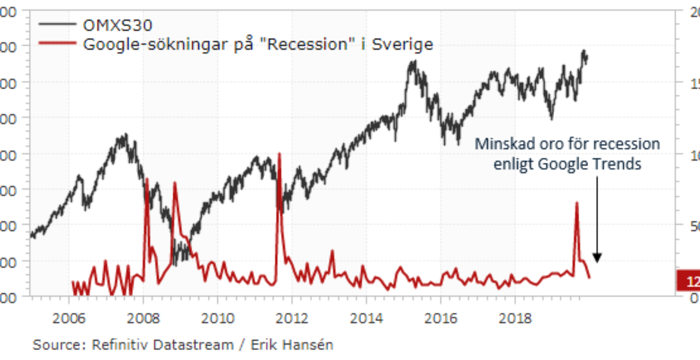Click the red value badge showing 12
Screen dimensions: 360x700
689,282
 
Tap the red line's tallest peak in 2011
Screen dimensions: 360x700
279,153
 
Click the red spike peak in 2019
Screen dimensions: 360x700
577,203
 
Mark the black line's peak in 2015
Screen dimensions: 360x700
414,61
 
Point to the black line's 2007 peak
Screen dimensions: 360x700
124,134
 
